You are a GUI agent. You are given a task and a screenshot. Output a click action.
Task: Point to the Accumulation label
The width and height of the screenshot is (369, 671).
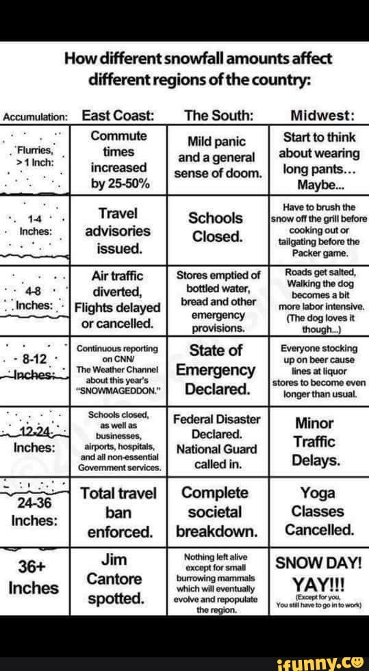click(x=34, y=116)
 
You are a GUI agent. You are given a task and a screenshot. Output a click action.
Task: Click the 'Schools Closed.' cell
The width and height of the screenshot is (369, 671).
click(x=217, y=228)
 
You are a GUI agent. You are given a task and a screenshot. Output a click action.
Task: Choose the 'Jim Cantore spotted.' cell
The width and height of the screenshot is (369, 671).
click(x=116, y=579)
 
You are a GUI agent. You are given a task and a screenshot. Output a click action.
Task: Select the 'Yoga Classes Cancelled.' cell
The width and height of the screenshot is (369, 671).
click(x=320, y=511)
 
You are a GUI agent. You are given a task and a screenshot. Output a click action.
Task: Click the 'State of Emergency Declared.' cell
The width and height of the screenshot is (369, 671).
click(x=217, y=370)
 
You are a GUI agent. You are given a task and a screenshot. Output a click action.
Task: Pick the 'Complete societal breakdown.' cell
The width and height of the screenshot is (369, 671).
click(x=217, y=511)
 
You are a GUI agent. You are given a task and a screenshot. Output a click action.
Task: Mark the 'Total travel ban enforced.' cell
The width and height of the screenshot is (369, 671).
click(x=117, y=511)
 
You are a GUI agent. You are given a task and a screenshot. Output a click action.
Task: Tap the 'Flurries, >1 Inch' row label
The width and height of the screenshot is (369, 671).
click(x=33, y=156)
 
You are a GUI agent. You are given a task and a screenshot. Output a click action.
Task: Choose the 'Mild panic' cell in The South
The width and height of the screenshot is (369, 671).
click(x=217, y=142)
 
